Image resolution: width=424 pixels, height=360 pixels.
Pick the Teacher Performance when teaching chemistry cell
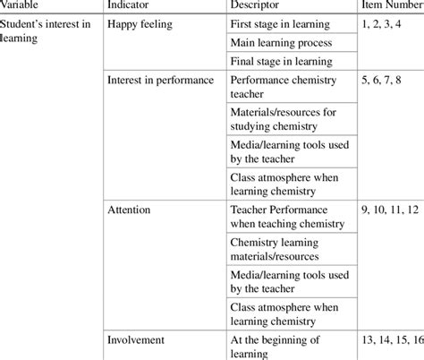(x=281, y=218)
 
